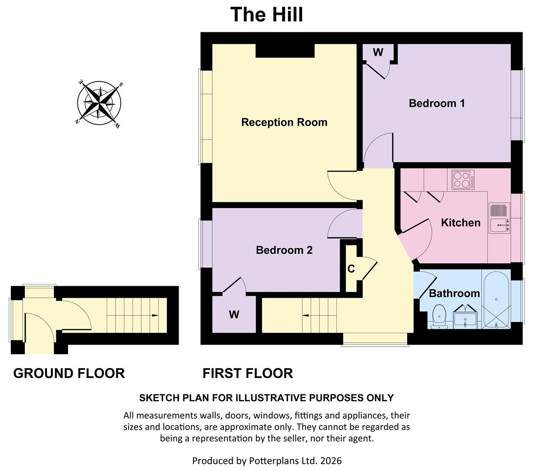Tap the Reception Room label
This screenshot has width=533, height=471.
[284, 123]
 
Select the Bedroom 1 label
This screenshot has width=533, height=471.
[437, 103]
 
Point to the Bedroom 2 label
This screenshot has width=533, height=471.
[284, 250]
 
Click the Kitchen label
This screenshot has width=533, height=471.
[461, 223]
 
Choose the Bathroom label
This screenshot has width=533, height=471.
[454, 293]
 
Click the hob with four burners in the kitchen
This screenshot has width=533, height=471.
[463, 179]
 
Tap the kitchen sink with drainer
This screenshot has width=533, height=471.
[499, 218]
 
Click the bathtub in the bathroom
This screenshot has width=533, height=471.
[496, 300]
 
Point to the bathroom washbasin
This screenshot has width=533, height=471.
[465, 318]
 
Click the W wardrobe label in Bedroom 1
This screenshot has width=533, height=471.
[378, 53]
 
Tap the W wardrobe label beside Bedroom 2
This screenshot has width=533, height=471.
[234, 314]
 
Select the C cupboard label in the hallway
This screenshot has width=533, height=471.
[351, 269]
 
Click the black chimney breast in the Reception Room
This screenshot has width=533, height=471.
[285, 51]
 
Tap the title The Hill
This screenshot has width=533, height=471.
[266, 14]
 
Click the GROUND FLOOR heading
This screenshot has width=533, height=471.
[69, 373]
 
